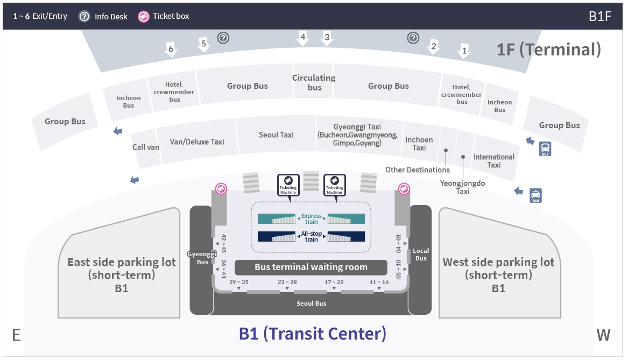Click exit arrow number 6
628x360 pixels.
click(171, 50)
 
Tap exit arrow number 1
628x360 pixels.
click(464, 51)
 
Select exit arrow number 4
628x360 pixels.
click(303, 38)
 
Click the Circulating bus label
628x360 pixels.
click(314, 82)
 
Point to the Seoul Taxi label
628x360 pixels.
click(276, 135)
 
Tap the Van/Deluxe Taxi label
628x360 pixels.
click(196, 142)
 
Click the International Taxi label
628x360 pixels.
click(494, 161)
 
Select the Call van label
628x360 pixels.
click(146, 147)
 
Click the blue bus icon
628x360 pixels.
click(545, 149)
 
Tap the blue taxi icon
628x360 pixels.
click(535, 195)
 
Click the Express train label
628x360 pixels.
click(311, 218)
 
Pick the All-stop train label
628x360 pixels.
click(311, 236)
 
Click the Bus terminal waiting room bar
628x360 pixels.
click(311, 267)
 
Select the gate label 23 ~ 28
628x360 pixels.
click(287, 282)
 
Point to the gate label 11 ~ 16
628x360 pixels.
click(379, 282)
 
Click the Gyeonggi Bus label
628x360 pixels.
click(202, 258)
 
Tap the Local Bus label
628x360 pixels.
click(421, 255)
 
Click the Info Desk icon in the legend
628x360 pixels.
click(84, 17)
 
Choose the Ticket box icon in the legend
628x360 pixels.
click(143, 17)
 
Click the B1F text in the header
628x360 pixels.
click(600, 16)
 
